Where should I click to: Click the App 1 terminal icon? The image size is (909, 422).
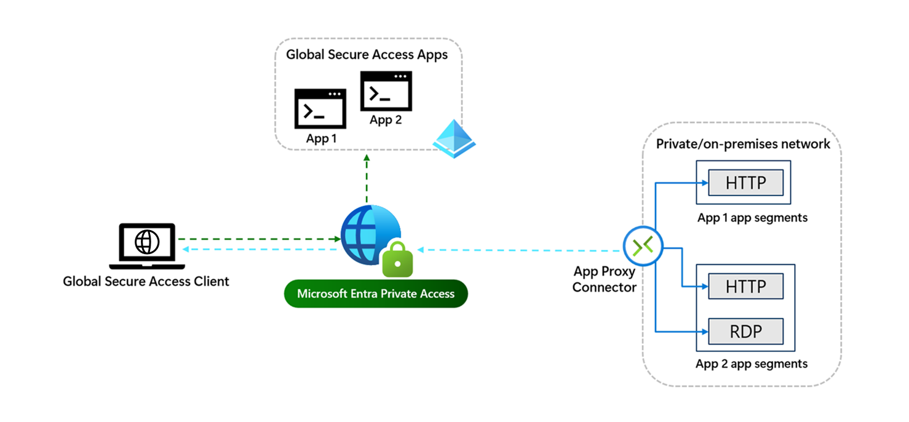coord(320,109)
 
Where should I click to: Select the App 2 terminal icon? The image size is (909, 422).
coord(386,91)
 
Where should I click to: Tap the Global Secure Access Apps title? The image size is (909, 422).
coord(367,55)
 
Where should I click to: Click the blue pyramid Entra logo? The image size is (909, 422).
coord(454,139)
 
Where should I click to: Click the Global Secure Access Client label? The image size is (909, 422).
coord(146,282)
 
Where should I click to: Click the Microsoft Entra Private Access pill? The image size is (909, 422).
coord(376,294)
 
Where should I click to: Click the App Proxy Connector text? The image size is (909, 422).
coord(604,279)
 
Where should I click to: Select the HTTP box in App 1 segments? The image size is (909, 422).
coord(745,183)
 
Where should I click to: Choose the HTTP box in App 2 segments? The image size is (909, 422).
coord(745,286)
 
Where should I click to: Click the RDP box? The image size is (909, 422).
coord(745,332)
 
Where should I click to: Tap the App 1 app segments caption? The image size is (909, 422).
coord(752,218)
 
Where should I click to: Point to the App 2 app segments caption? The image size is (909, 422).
coord(752,364)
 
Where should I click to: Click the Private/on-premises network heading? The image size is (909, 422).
coord(743,144)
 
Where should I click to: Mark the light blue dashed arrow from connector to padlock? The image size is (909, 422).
coord(520,250)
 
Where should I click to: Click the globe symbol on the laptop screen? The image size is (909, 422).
coord(147,242)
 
